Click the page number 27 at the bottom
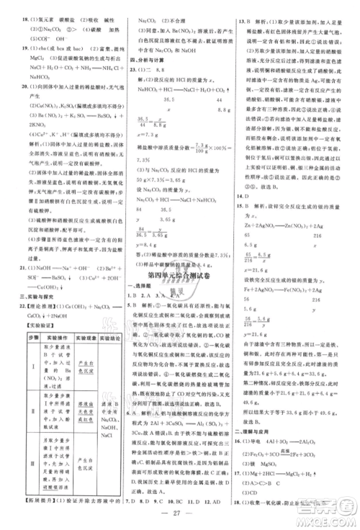click(x=180, y=513)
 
